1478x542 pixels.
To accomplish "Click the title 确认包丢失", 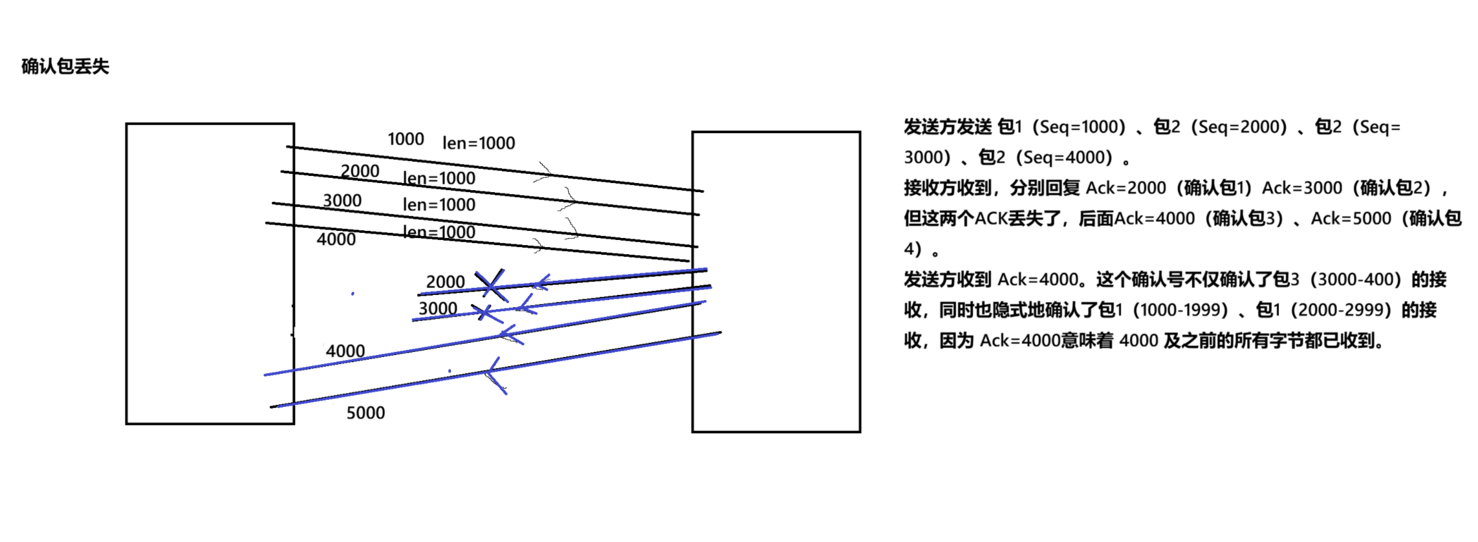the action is coord(65,66).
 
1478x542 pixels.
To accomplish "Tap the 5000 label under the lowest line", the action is coord(365,413).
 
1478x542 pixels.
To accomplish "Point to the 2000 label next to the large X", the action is coord(445,282).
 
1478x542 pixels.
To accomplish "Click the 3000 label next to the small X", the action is coord(438,309).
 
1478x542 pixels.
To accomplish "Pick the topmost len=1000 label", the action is coord(479,143).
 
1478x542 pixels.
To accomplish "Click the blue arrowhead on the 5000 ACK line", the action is coord(495,373).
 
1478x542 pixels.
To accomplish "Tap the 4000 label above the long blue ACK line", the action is coord(345,351).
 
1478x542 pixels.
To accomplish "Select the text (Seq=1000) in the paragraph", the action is coord(1080,127).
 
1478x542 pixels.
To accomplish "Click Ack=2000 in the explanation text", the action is coord(1125,188).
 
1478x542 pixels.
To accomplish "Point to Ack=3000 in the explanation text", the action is coord(1302,188).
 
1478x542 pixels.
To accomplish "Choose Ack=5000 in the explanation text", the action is coord(1351,219).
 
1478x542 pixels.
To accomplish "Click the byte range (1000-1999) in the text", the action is coord(1180,310).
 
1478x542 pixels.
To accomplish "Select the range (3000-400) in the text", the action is coord(1356,279).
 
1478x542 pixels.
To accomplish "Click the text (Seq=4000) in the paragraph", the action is coord(1064,157).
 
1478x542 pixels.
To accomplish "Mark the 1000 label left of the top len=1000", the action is coord(406,139).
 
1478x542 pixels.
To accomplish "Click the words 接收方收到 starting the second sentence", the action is coord(948,188).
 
